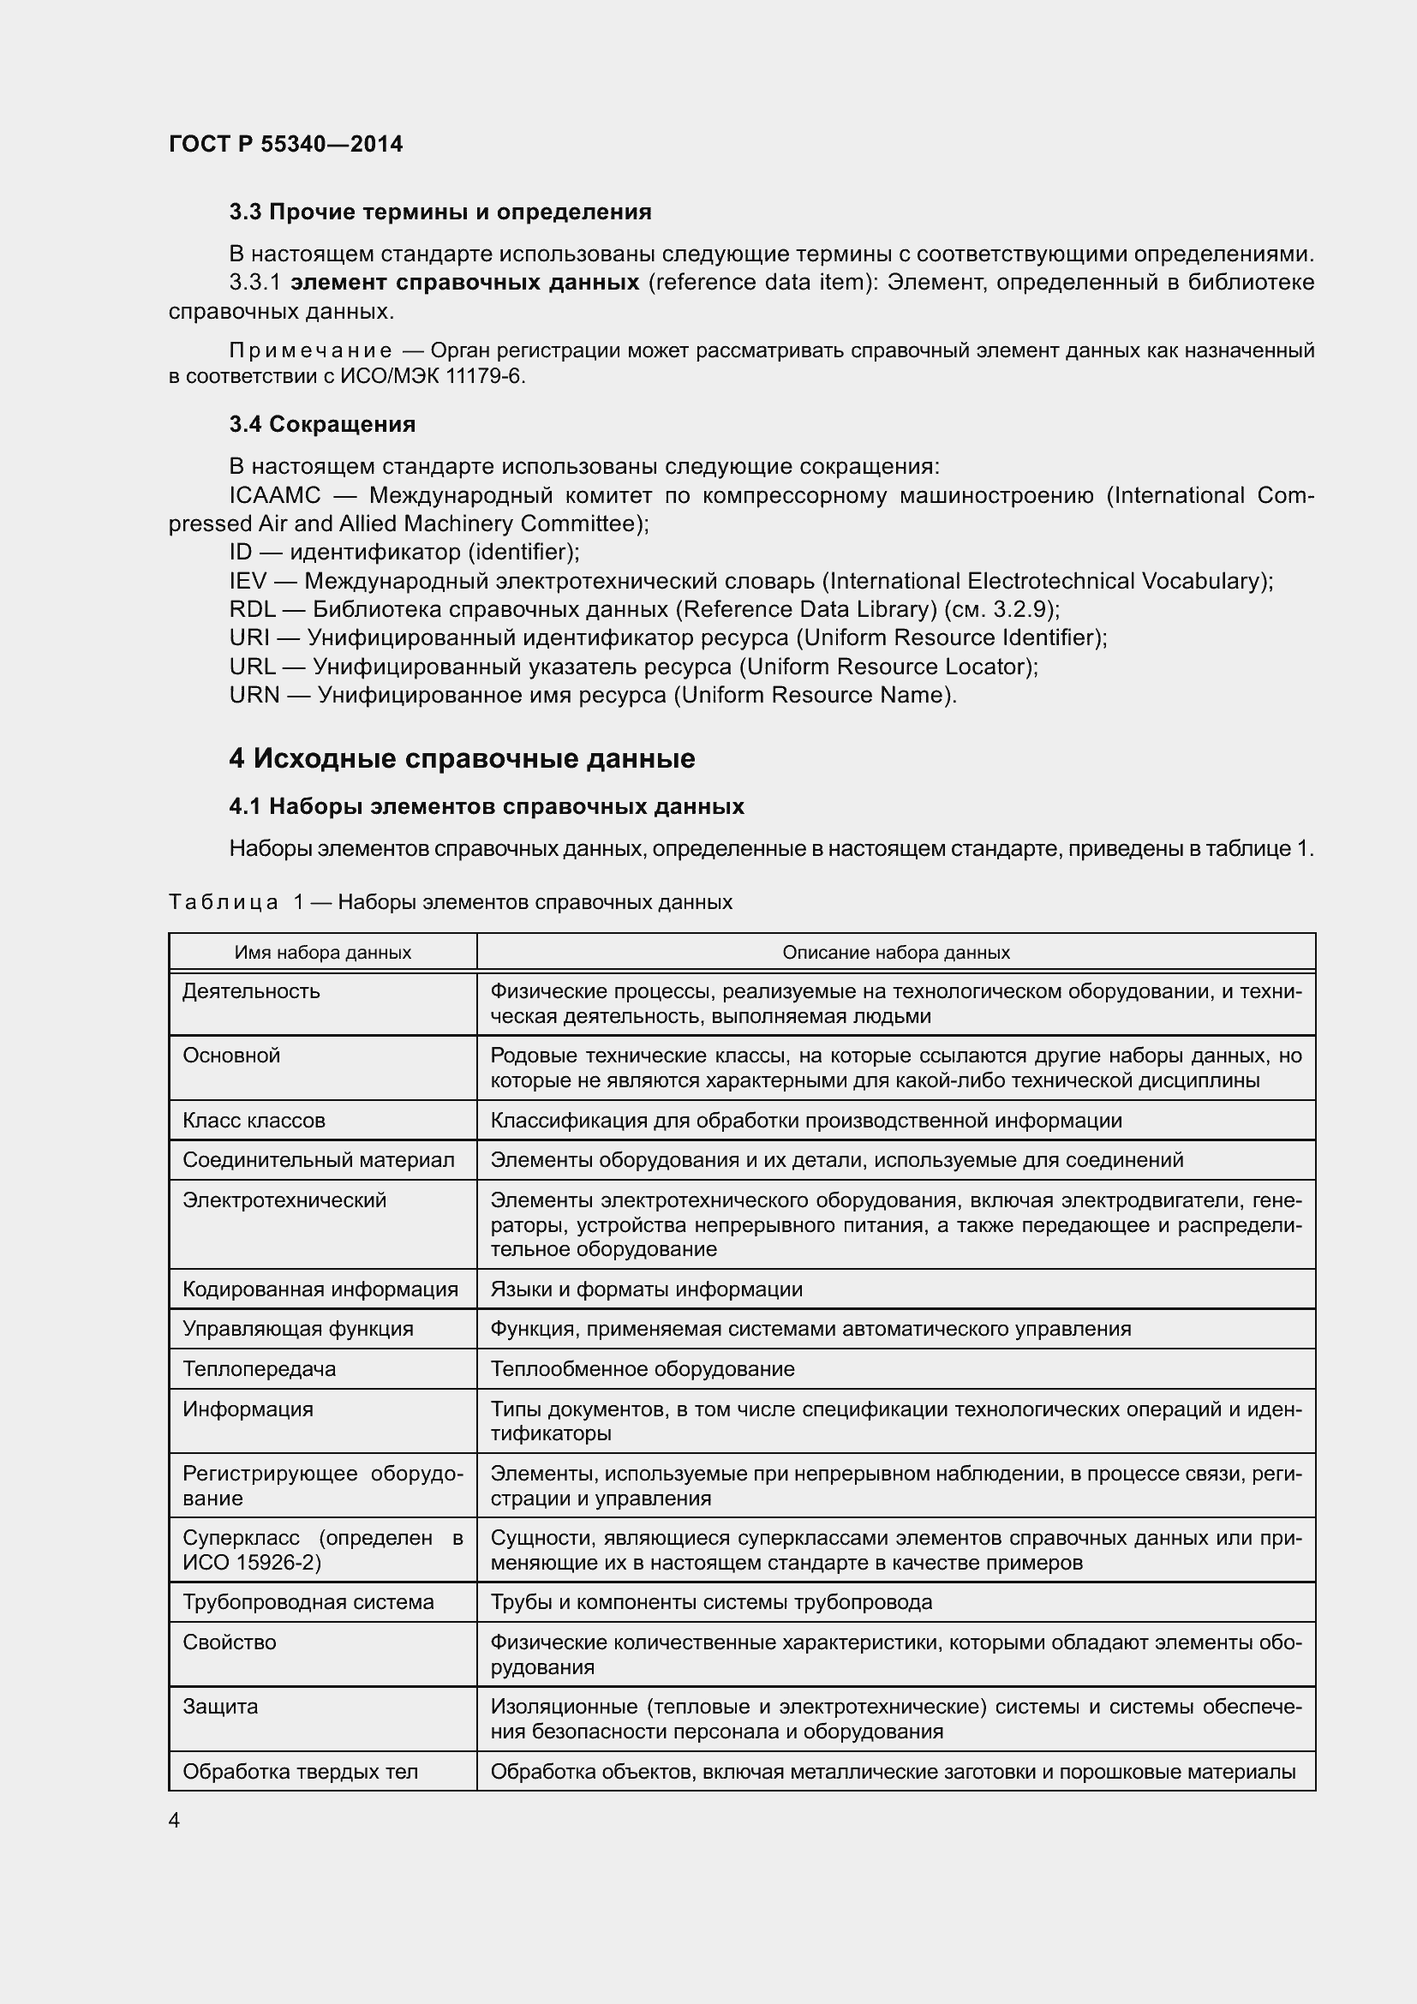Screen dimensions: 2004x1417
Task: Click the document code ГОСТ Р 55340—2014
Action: click(285, 144)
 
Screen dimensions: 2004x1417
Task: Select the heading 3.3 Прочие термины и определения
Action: click(439, 212)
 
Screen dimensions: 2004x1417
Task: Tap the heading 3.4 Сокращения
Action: click(322, 424)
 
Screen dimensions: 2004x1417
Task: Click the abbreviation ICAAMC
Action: click(275, 496)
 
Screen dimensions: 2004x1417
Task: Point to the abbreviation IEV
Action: click(248, 581)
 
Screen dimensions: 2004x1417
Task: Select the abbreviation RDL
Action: click(252, 609)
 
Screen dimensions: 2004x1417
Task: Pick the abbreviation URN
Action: click(254, 696)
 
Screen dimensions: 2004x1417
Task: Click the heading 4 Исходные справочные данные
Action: click(462, 758)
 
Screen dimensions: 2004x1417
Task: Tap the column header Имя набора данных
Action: click(322, 952)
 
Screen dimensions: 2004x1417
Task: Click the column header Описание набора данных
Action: click(895, 952)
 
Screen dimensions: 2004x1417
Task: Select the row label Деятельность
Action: click(251, 991)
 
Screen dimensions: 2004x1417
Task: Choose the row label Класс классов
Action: click(254, 1121)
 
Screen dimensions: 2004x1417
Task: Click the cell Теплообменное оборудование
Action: click(643, 1369)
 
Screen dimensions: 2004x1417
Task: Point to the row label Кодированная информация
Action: click(320, 1290)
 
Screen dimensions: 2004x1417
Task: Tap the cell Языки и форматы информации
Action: click(646, 1290)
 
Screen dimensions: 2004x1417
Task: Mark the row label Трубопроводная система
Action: click(308, 1602)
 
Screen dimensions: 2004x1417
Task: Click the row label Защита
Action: click(220, 1707)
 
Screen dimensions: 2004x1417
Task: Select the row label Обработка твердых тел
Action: click(300, 1772)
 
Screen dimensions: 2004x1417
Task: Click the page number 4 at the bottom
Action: click(175, 1821)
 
